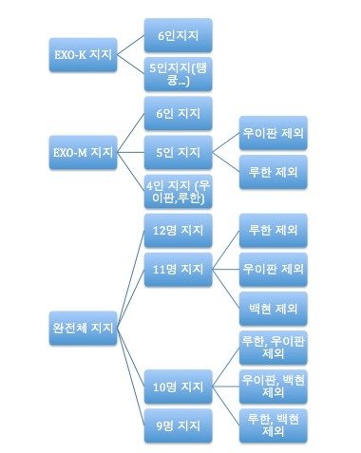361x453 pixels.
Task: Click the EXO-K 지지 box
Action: (x=83, y=55)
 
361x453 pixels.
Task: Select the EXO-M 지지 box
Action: (x=83, y=152)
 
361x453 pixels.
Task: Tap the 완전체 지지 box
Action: (x=83, y=328)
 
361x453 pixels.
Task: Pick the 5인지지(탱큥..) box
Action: (x=178, y=74)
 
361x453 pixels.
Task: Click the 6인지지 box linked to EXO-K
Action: (x=178, y=35)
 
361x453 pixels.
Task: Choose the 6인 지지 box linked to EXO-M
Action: (x=178, y=113)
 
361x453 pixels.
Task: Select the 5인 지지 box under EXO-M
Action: (x=178, y=152)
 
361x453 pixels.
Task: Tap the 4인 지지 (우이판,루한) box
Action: (x=178, y=191)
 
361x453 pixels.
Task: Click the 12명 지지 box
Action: (x=178, y=230)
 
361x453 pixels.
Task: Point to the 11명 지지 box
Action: (x=178, y=270)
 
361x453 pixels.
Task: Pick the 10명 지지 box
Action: (x=178, y=387)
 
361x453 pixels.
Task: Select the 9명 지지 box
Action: (x=178, y=425)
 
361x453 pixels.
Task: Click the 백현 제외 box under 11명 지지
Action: (x=274, y=309)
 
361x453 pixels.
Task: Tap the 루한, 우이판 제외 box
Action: (x=274, y=348)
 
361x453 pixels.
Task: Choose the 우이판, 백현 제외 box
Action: (x=274, y=387)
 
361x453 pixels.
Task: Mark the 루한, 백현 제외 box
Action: (x=274, y=425)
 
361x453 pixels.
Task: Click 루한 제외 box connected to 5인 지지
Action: (x=274, y=172)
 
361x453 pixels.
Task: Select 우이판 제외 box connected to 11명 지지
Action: (x=274, y=270)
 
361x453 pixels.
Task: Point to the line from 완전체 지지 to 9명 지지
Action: (x=131, y=377)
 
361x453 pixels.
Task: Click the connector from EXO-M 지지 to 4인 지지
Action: (x=131, y=172)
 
